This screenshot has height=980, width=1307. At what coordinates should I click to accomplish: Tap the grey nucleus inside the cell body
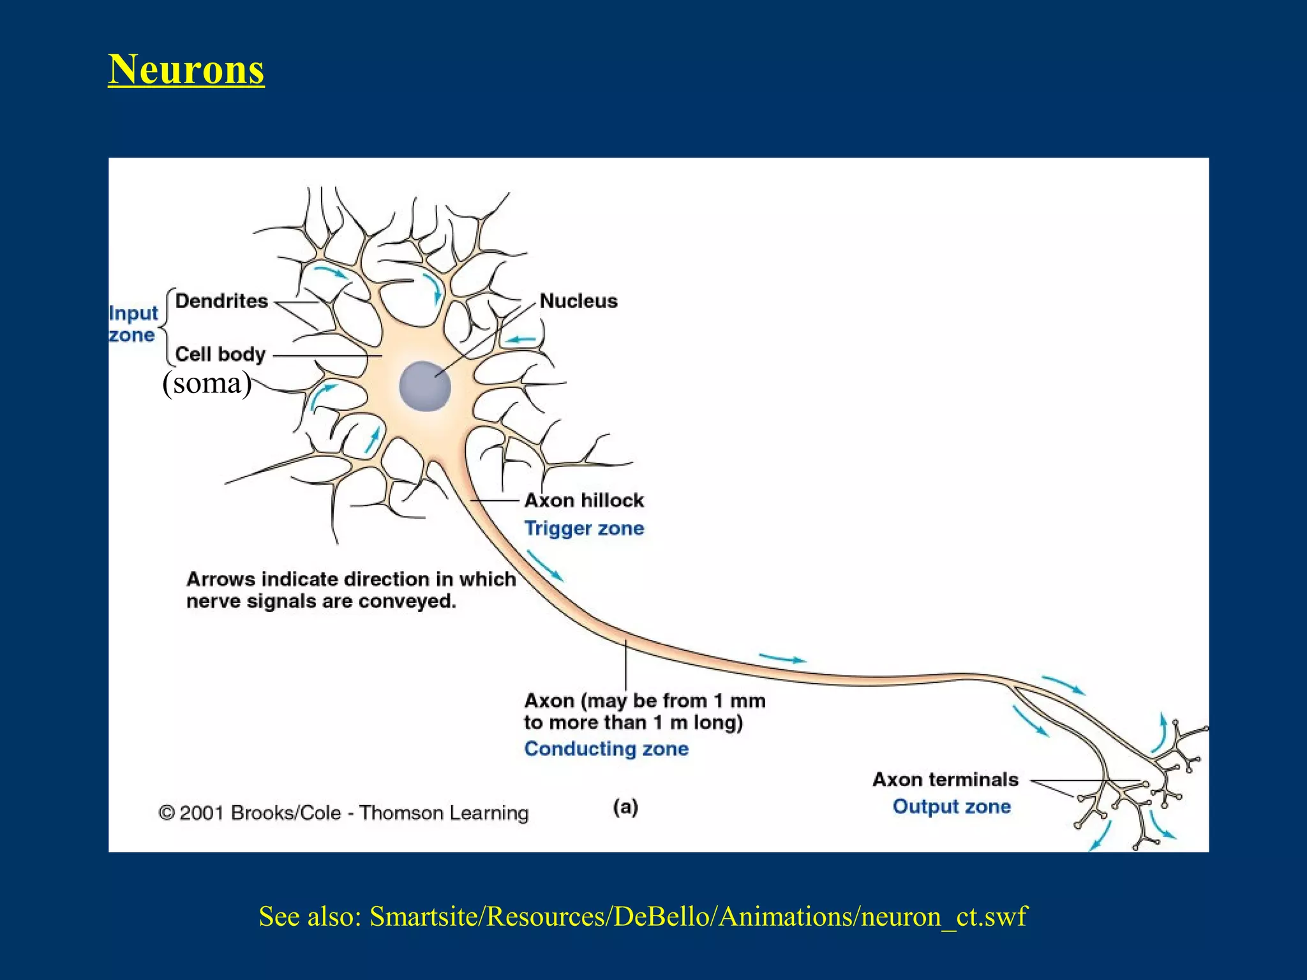click(424, 386)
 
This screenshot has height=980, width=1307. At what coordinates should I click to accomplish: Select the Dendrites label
click(221, 301)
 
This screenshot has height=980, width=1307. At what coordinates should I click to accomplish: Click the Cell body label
click(220, 354)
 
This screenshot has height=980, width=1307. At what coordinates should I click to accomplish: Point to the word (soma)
click(207, 383)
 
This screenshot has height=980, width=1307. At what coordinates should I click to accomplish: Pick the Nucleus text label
click(578, 301)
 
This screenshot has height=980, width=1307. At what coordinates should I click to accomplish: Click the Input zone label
click(133, 324)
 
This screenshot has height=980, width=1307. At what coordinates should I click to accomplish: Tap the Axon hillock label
click(584, 500)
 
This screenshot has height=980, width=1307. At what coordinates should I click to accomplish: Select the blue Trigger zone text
click(584, 528)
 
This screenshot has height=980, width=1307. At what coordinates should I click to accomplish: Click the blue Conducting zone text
click(606, 748)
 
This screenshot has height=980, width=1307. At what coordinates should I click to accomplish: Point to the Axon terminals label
click(945, 780)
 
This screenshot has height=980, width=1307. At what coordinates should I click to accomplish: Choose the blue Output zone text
click(952, 806)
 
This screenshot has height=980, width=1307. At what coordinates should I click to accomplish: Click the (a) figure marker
click(625, 807)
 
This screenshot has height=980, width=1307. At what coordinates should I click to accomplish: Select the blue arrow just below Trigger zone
click(544, 565)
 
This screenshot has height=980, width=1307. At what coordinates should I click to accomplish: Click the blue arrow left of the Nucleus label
click(521, 339)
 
